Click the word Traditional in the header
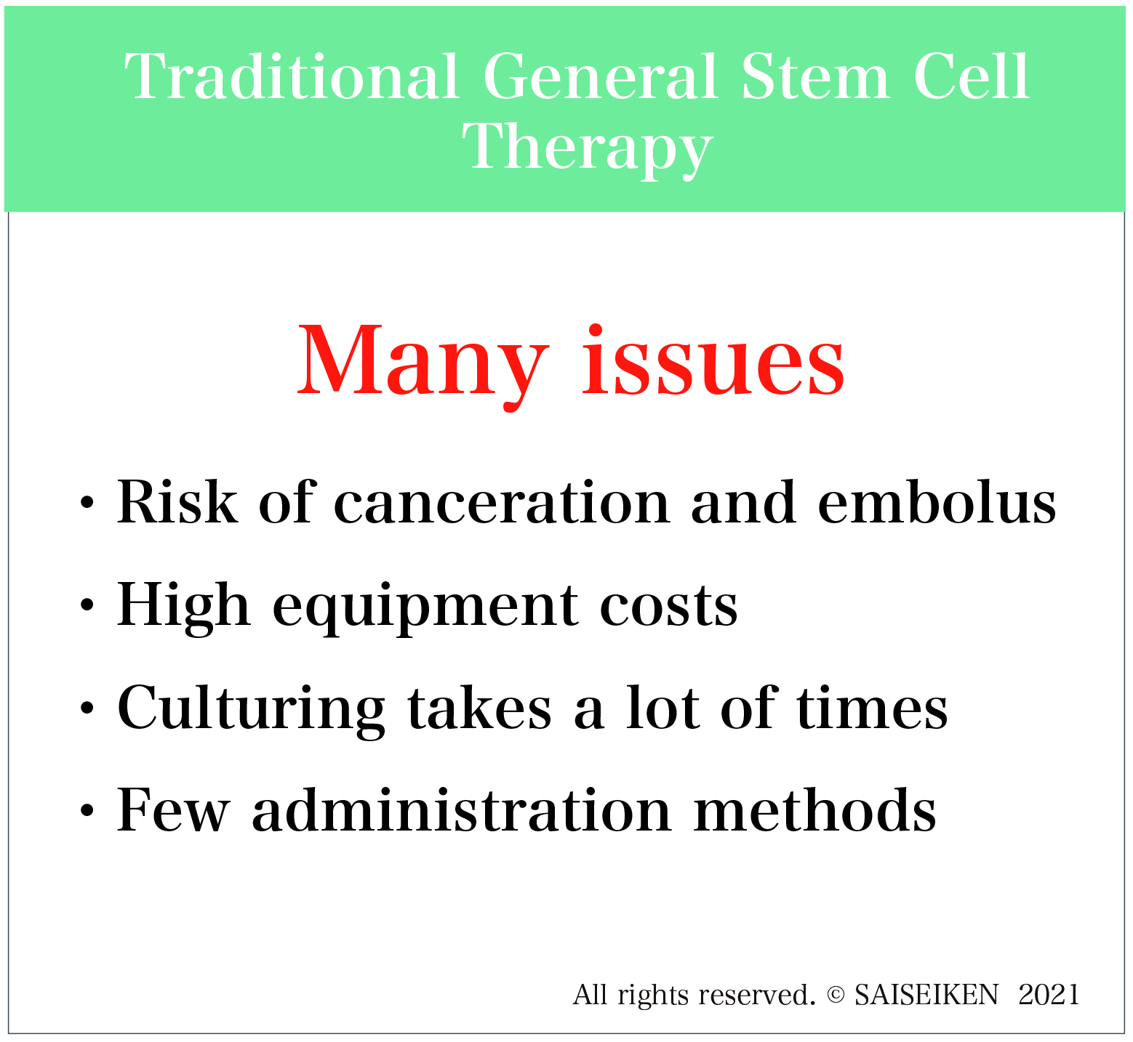point(292,77)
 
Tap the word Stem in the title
point(814,77)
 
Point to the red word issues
point(713,360)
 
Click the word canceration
point(502,503)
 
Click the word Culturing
point(251,709)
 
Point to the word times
point(872,708)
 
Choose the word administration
point(462,809)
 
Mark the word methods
point(814,809)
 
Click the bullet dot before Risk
point(88,503)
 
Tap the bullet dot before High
point(88,605)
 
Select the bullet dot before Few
point(88,809)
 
